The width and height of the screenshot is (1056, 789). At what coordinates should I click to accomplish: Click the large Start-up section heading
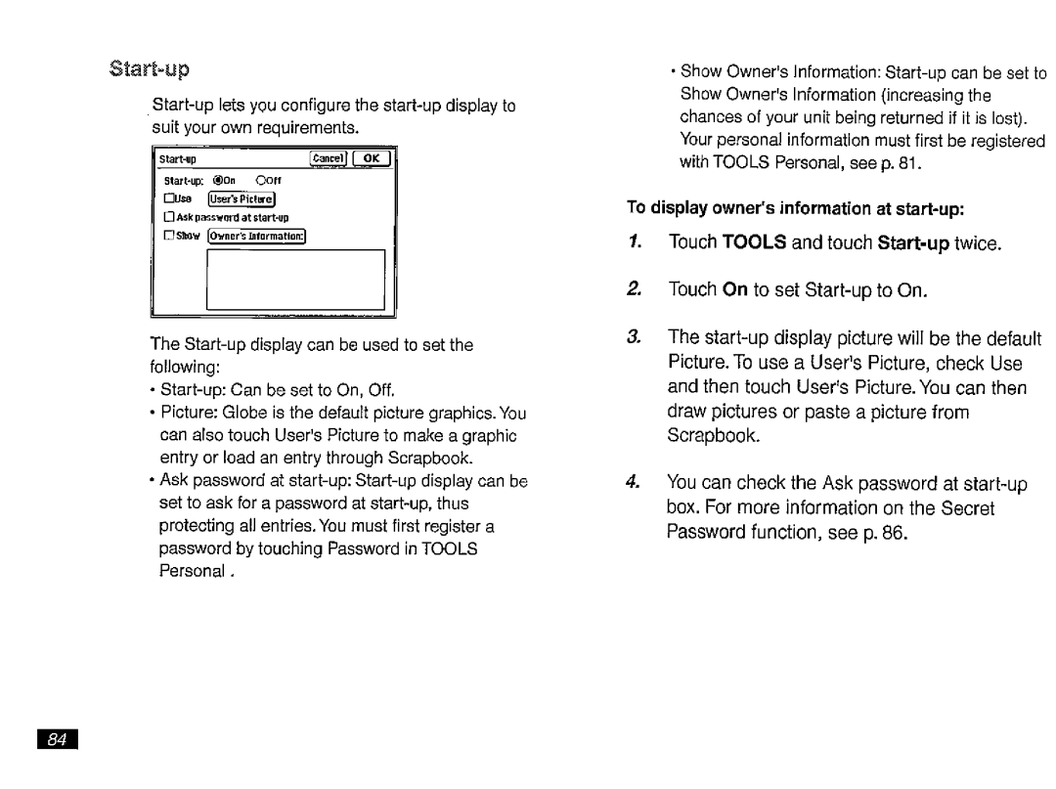click(x=150, y=69)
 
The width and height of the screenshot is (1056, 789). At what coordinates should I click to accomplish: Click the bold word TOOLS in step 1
click(x=754, y=243)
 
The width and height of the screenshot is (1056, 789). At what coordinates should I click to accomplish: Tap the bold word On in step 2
click(x=734, y=290)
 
